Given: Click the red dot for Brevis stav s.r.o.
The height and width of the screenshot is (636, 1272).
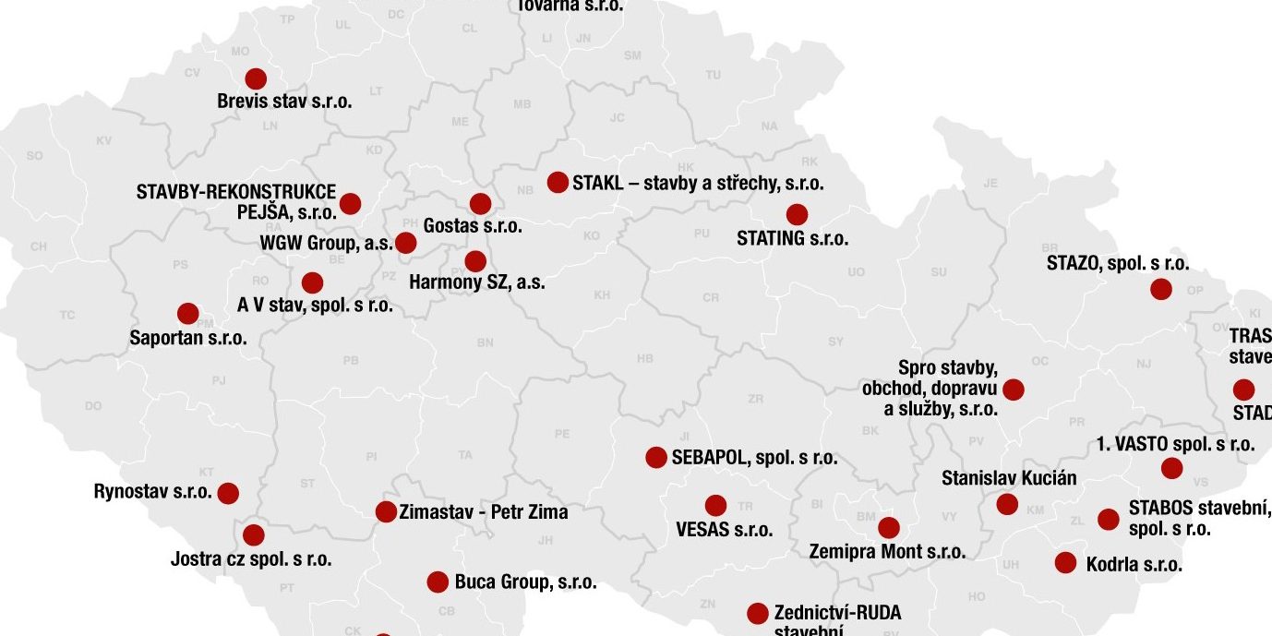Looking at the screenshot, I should point(256,79).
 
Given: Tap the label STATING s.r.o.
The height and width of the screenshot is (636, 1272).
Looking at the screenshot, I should point(792,238).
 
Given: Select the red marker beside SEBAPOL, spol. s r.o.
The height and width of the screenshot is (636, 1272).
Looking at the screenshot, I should point(656,457).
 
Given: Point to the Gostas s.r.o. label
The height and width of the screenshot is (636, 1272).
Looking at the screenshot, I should point(473,225).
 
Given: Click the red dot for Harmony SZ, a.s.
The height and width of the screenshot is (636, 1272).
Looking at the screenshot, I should point(475,261).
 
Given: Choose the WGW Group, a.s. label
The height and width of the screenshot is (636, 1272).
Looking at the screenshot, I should point(326,244).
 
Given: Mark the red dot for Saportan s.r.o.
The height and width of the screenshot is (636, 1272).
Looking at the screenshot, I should point(188,314).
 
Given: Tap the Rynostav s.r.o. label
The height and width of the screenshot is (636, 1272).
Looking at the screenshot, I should point(153,491).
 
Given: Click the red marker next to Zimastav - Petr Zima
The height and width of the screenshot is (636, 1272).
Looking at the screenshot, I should point(386,511).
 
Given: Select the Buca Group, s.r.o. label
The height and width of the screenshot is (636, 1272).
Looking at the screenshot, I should point(525,582).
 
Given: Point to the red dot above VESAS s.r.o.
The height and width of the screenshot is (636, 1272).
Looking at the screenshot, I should point(715,506).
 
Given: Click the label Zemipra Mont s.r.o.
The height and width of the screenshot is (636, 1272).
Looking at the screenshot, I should point(887,552).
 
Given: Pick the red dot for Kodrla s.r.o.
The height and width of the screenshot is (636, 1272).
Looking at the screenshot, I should point(1065,562).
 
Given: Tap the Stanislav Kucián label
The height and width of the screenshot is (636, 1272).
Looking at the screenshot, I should point(1009,478).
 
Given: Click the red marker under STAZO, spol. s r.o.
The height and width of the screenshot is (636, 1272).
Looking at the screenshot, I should point(1161,289).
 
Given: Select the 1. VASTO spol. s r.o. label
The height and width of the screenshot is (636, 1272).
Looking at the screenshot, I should point(1175,444).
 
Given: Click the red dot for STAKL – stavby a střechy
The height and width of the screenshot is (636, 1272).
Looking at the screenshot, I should point(558,182).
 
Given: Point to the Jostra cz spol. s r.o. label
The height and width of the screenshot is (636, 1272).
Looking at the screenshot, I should point(251,558).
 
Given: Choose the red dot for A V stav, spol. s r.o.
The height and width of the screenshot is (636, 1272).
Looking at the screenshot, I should point(312,282).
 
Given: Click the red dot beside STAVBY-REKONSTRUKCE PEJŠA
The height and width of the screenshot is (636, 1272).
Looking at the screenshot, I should point(350,203).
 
